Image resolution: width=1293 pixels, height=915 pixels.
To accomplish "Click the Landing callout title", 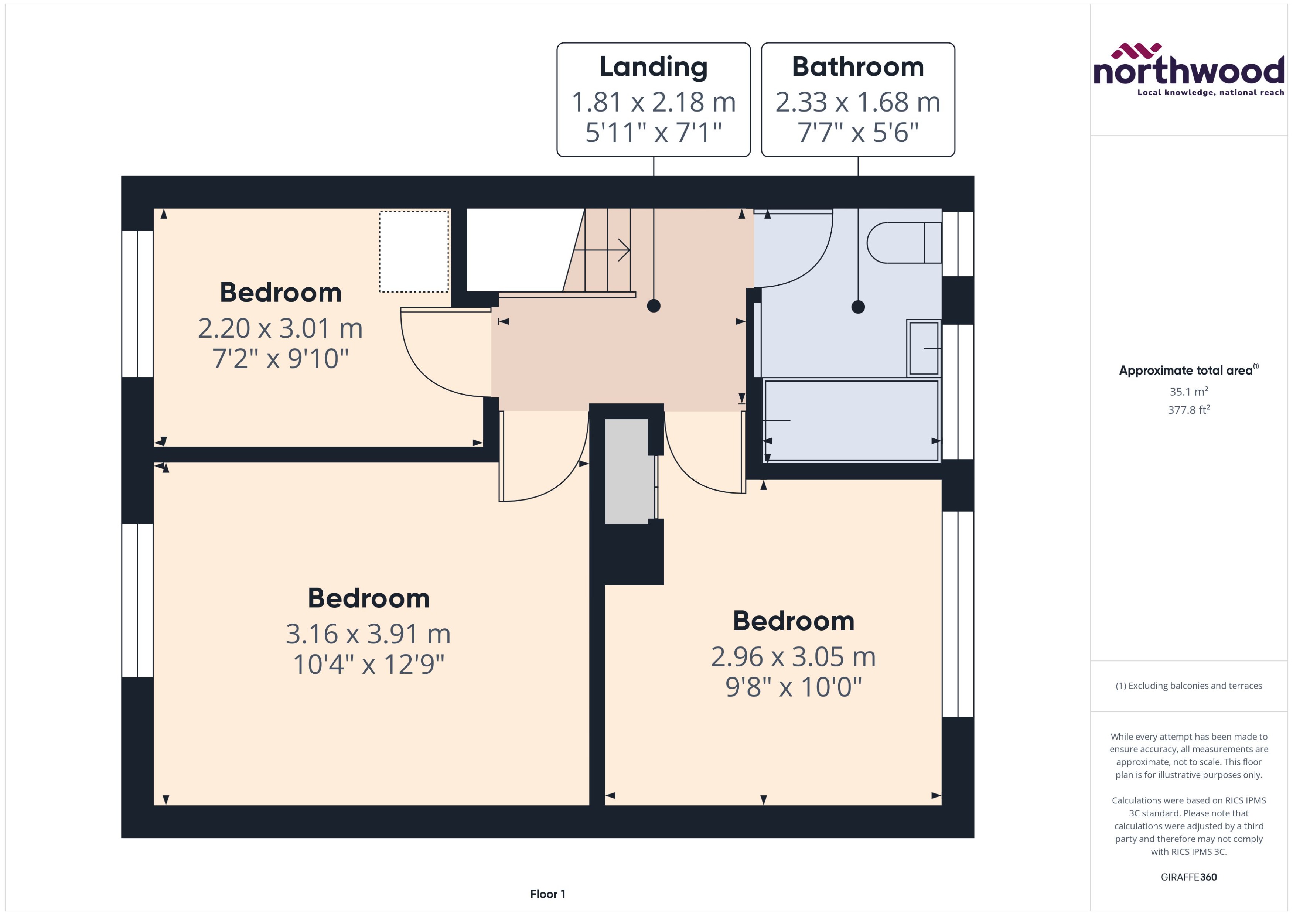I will (x=653, y=67).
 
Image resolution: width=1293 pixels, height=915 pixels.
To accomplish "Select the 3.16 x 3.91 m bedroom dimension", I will (x=368, y=634).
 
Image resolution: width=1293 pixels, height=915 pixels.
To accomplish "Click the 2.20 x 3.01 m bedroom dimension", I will (x=280, y=328).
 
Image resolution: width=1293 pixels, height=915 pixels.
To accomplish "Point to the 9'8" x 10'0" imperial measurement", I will (x=793, y=687).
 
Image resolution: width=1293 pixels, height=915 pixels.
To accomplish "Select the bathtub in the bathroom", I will (x=851, y=420).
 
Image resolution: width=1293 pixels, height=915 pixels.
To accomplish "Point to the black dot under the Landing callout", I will (x=654, y=306).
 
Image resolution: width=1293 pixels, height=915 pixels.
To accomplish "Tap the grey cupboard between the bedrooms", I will (x=627, y=471).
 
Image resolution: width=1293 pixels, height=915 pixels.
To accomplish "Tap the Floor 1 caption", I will (x=547, y=894).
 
